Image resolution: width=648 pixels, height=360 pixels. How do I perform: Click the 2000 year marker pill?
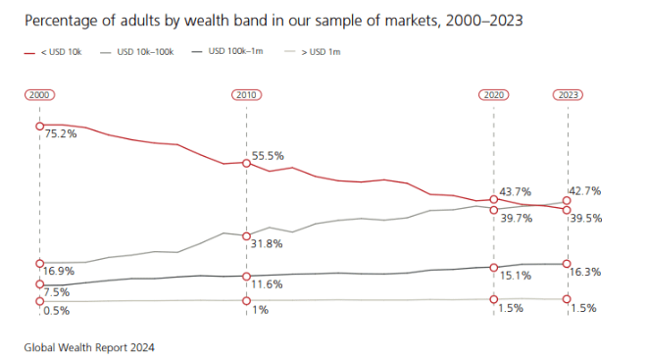click(x=39, y=94)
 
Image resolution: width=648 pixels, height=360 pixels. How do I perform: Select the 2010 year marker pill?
click(x=246, y=94)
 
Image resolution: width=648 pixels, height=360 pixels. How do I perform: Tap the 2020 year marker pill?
click(x=493, y=94)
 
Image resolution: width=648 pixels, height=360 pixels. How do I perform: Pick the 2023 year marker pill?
click(x=568, y=94)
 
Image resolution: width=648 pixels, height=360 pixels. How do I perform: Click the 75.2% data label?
click(x=61, y=133)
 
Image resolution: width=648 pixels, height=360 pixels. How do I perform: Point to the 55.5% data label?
click(x=268, y=156)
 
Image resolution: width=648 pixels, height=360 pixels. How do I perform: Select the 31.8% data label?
click(x=267, y=243)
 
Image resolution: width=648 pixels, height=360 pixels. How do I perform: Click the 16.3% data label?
click(x=586, y=271)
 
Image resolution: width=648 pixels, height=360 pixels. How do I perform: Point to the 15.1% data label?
click(x=515, y=276)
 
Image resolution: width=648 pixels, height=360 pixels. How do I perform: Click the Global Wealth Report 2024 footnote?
click(x=90, y=346)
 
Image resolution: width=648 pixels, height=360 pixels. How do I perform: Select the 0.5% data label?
click(x=58, y=310)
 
